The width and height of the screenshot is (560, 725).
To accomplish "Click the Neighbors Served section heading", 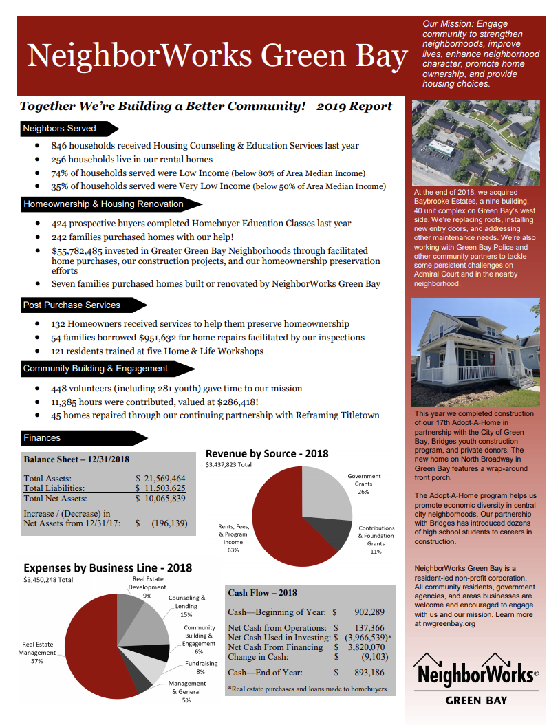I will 60,129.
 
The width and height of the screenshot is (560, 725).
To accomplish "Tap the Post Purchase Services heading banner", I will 72,305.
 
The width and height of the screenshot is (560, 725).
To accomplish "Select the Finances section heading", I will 43,438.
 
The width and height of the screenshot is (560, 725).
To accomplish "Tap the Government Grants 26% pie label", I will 364,484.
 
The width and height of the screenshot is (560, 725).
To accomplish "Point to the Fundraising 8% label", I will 200,667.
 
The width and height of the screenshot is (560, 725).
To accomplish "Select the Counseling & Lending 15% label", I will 186,606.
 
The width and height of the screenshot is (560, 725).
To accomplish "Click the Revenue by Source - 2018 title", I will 267,453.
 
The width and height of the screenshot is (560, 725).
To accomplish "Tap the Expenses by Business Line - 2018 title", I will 108,568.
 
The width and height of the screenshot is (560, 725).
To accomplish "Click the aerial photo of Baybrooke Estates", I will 475,142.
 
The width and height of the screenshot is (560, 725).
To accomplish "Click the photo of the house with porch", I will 475,351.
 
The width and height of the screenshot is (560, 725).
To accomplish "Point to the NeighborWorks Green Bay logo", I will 475,678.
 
